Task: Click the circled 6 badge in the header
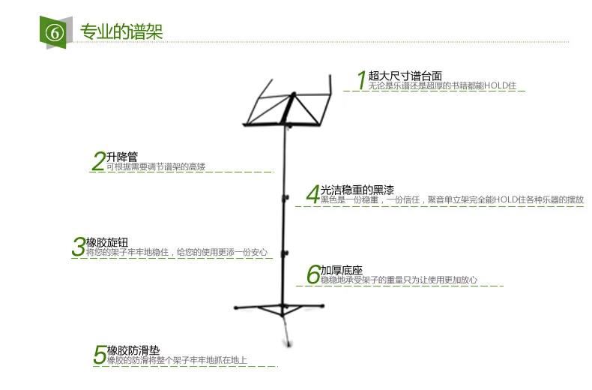pos(54,32)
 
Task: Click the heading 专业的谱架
pos(121,31)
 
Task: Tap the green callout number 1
pos(360,80)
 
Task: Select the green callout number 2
pos(98,161)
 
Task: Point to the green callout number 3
pos(79,247)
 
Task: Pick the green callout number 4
pos(312,194)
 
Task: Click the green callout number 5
pos(100,355)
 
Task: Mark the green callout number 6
pos(313,274)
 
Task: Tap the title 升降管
pos(122,157)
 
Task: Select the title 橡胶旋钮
pos(107,242)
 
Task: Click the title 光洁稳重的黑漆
pos(357,190)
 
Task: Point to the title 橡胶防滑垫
pos(133,350)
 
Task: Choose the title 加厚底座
pos(342,270)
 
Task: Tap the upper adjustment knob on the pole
pos(285,199)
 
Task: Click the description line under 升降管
pos(155,166)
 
